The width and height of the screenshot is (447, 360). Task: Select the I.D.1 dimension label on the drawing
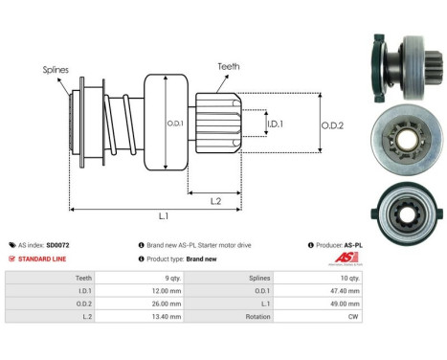pos(275,124)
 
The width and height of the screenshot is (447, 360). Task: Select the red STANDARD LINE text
pos(45,259)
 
